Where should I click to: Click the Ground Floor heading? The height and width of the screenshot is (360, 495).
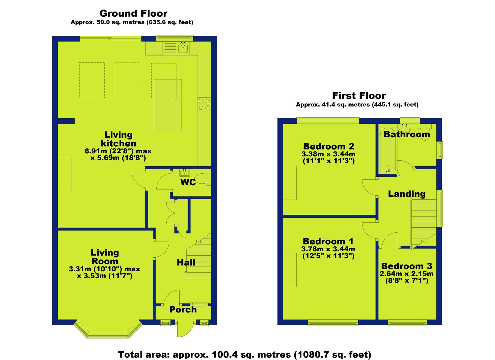133,13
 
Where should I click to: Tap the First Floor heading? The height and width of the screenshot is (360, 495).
359,96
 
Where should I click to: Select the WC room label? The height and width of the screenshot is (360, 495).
188,182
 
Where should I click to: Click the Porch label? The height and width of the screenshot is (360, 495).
183,310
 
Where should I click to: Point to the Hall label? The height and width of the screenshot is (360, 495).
186,263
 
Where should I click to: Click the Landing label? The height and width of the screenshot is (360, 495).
407,194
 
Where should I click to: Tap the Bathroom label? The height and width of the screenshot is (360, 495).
407,134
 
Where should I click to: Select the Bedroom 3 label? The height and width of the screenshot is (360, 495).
407,266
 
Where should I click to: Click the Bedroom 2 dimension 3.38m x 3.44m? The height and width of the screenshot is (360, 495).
328,154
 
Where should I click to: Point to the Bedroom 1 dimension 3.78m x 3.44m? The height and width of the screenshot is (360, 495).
328,249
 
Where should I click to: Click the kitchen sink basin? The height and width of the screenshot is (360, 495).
183,48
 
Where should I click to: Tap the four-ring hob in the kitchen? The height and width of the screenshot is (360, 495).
204,105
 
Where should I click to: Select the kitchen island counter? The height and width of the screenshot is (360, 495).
168,105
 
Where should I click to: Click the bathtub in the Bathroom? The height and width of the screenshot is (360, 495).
387,149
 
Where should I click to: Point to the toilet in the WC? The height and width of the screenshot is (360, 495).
203,179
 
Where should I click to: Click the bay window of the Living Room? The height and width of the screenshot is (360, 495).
108,330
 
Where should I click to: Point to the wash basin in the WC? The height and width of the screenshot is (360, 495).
185,172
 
